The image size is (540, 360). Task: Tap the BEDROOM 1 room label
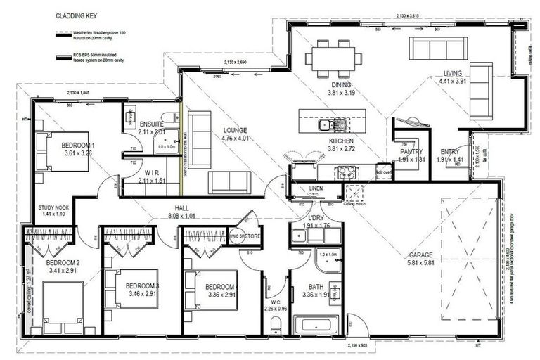(79, 145)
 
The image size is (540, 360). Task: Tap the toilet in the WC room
(276, 324)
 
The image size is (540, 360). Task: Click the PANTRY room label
(411, 151)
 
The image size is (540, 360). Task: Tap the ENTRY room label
(450, 151)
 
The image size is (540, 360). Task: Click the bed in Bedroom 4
(201, 289)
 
